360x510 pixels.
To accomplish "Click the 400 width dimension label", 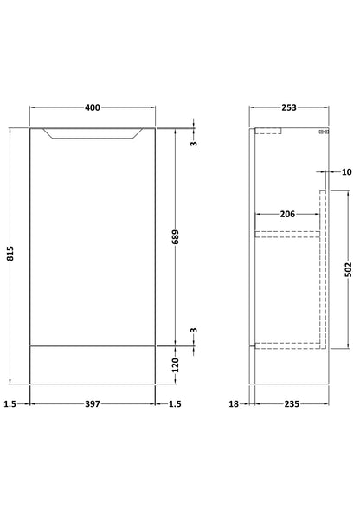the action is (x=93, y=107).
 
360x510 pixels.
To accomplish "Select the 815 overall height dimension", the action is (x=10, y=253).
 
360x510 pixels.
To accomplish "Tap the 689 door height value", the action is (x=176, y=236).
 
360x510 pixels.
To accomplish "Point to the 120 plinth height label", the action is (x=176, y=365).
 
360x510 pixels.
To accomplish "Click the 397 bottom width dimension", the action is (x=93, y=404).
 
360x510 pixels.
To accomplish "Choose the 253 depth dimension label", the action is (x=289, y=107).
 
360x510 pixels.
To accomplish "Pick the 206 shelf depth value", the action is (x=287, y=214).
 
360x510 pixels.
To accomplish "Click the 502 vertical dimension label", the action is (x=348, y=269).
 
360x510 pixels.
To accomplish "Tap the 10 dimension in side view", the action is (x=347, y=171).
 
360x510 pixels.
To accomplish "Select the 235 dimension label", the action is (x=292, y=404).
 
